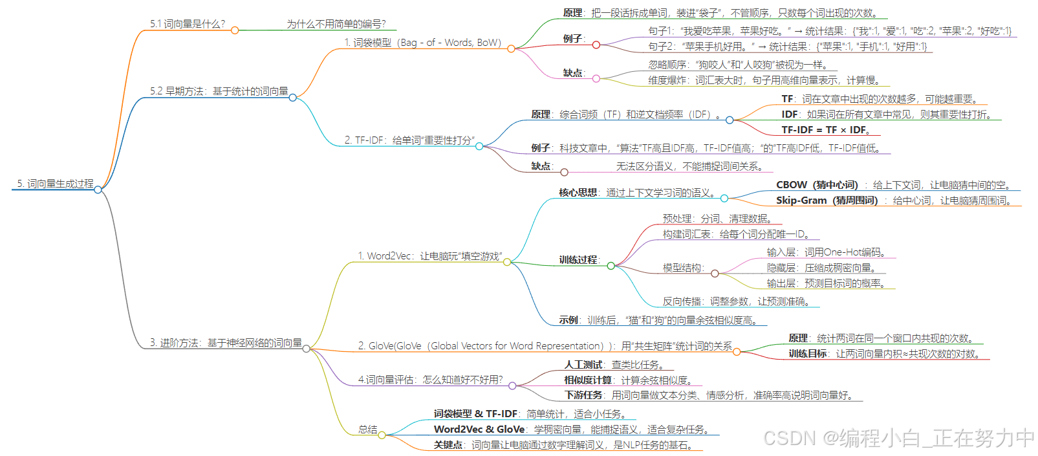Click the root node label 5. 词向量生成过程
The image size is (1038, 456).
[x=55, y=184]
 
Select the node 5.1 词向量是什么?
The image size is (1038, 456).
[x=188, y=24]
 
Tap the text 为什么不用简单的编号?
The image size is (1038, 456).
[x=336, y=24]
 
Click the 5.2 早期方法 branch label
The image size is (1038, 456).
[x=219, y=91]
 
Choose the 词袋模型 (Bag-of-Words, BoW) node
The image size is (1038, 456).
[x=422, y=43]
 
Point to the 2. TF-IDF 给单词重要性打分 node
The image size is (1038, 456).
[x=409, y=140]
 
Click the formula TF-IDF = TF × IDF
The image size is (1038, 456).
[x=825, y=130]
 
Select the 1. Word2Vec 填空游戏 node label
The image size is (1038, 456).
[x=430, y=256]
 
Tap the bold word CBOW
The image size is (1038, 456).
[x=792, y=185]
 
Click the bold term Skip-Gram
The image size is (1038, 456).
[x=801, y=201]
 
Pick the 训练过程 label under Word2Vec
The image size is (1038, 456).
[x=578, y=260]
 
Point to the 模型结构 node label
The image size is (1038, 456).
[x=682, y=268]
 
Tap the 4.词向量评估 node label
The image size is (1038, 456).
[x=430, y=380]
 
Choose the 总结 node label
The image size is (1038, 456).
[x=368, y=429]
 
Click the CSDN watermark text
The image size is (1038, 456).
[x=898, y=438]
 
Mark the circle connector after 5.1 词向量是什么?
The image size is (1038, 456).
[x=235, y=30]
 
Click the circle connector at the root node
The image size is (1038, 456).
[x=98, y=190]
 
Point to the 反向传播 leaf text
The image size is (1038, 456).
[x=736, y=301]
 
